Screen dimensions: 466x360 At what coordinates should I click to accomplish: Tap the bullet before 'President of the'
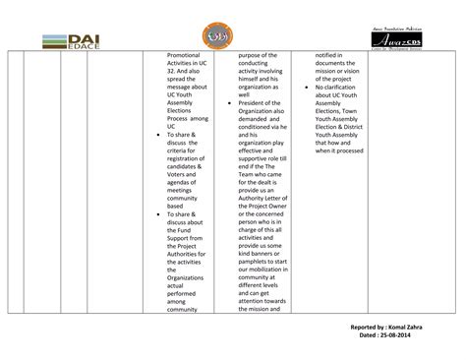pyautogui.click(x=228, y=101)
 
